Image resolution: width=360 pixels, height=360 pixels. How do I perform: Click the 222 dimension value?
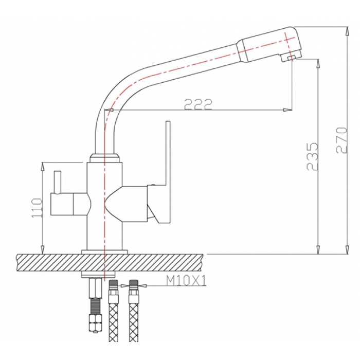pyautogui.click(x=198, y=104)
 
